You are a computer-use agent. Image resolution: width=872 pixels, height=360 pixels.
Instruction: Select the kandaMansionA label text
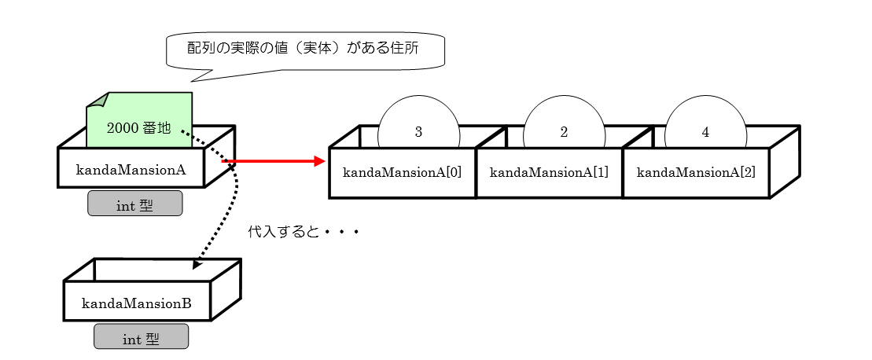130,168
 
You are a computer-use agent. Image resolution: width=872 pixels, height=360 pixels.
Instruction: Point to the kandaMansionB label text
136,301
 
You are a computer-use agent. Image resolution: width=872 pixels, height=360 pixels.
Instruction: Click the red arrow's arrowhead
319,161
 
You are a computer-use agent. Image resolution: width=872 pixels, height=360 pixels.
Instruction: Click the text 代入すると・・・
303,233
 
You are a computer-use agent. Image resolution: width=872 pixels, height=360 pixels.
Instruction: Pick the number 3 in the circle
418,132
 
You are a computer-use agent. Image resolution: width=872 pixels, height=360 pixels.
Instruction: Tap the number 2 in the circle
564,132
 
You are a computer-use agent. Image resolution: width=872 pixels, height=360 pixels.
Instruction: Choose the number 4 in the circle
705,132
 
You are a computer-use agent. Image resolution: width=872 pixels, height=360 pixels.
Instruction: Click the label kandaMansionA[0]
402,171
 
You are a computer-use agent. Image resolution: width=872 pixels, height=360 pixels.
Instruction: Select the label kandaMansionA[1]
548,171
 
